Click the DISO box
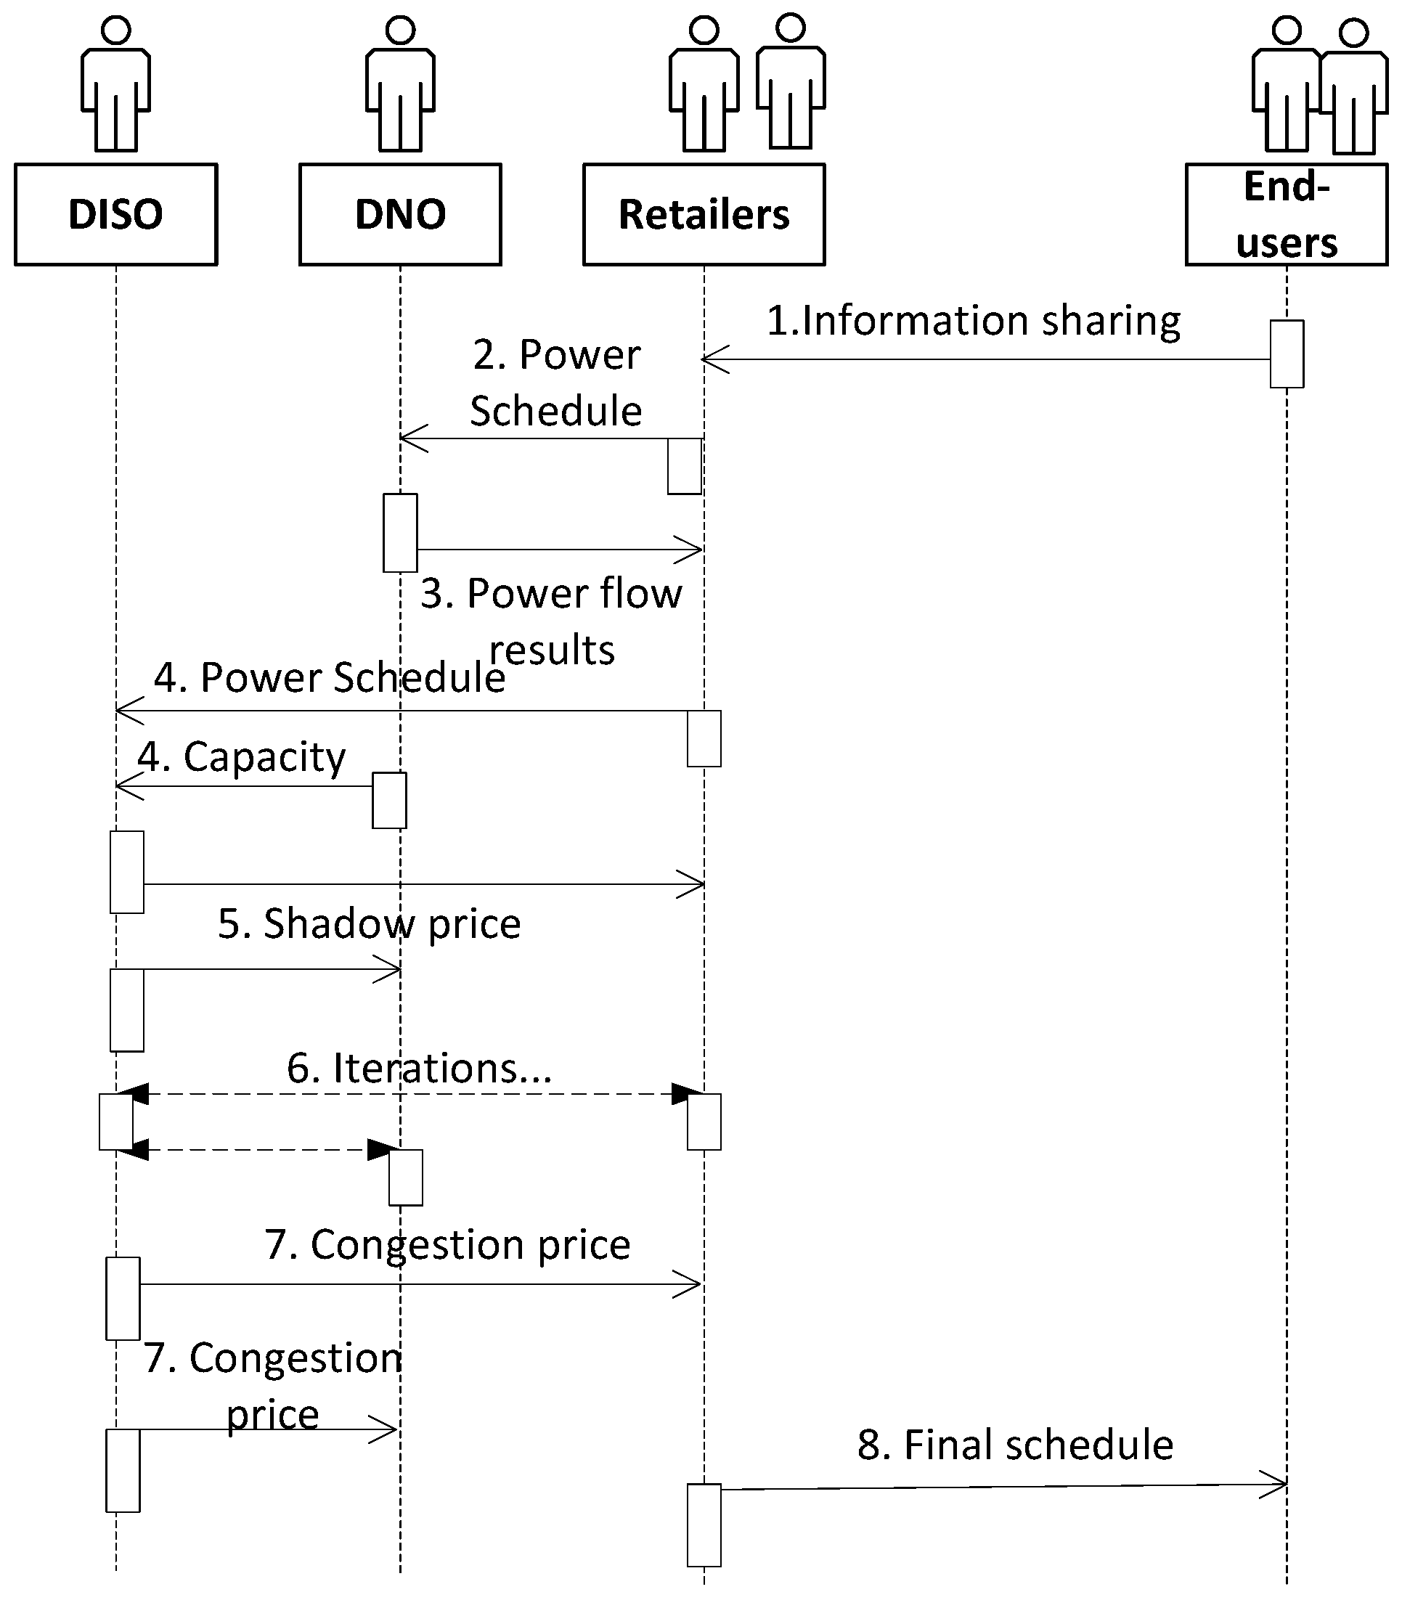tap(115, 214)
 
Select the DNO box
tap(400, 214)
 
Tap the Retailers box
tap(704, 214)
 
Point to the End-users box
tap(1287, 214)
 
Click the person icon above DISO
tap(115, 86)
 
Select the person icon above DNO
tap(400, 86)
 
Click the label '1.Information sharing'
tap(973, 321)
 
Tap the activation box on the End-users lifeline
tap(1287, 354)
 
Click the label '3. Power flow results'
tap(552, 621)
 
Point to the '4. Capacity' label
tap(242, 756)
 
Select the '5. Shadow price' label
tap(370, 923)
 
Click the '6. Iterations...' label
tap(420, 1068)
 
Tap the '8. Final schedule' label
tap(1016, 1445)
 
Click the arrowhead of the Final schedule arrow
tap(1275, 1484)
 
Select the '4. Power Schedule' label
tap(330, 677)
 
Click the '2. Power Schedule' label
tap(556, 383)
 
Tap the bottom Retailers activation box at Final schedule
tap(704, 1525)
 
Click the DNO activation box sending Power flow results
tap(400, 533)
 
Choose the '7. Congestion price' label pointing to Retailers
tap(447, 1245)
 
